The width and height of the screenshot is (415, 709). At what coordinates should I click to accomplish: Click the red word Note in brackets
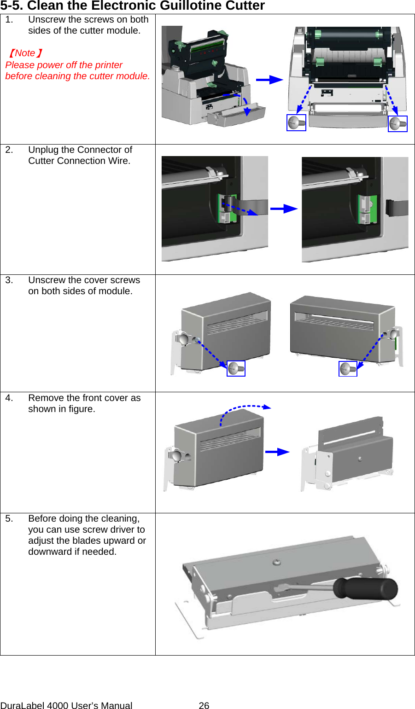[25, 53]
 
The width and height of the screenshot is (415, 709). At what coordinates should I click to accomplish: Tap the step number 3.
[9, 280]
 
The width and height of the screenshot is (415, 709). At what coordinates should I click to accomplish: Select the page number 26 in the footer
[204, 705]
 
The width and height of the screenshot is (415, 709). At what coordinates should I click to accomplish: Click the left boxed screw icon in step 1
[296, 123]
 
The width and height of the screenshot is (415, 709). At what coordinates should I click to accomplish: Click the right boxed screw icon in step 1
[397, 123]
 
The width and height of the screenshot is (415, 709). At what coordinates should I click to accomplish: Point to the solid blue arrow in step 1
[269, 80]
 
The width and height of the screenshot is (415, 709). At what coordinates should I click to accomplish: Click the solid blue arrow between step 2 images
[284, 209]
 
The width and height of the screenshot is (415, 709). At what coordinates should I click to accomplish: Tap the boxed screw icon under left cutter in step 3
[236, 368]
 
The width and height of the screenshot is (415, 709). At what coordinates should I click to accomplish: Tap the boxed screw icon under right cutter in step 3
[348, 369]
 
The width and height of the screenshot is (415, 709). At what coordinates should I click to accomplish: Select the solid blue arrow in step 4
[277, 452]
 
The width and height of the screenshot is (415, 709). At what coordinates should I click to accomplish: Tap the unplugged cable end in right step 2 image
[397, 208]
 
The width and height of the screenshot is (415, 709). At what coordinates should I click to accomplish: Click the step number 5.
[9, 519]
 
